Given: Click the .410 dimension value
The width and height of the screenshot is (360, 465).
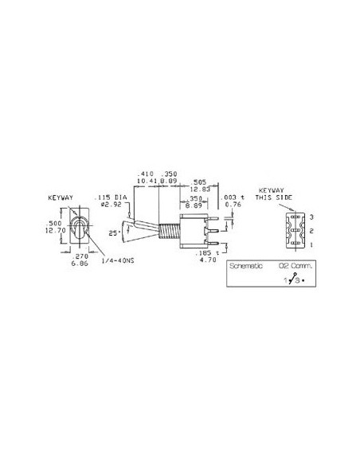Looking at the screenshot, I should (145, 173).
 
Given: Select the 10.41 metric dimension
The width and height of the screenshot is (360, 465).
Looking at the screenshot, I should (145, 181).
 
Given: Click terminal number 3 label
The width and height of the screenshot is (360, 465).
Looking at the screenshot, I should (312, 217).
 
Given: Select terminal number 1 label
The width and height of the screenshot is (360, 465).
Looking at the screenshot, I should (312, 245).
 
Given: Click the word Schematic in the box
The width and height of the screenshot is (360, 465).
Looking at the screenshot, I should (245, 267).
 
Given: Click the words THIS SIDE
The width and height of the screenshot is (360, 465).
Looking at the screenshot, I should (274, 197).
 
